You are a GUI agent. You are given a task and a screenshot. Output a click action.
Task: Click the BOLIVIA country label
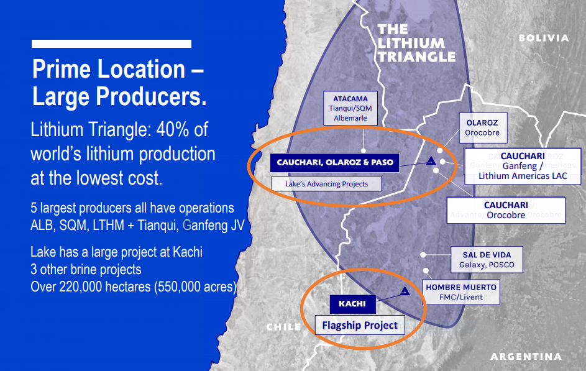click(544, 38)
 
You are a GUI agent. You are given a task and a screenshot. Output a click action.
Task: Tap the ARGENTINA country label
click(526, 357)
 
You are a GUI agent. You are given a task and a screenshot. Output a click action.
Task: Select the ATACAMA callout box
click(350, 108)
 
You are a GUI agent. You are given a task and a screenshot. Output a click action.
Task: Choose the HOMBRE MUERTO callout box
click(461, 292)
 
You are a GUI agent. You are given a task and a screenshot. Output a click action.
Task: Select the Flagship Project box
click(360, 325)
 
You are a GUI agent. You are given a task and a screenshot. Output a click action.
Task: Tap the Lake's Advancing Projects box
click(327, 184)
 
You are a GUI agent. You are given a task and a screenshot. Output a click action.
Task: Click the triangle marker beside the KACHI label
click(405, 290)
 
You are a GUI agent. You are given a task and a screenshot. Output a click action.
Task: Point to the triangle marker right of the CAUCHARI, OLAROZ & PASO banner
click(430, 160)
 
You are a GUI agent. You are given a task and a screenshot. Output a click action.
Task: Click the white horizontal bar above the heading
click(111, 44)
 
